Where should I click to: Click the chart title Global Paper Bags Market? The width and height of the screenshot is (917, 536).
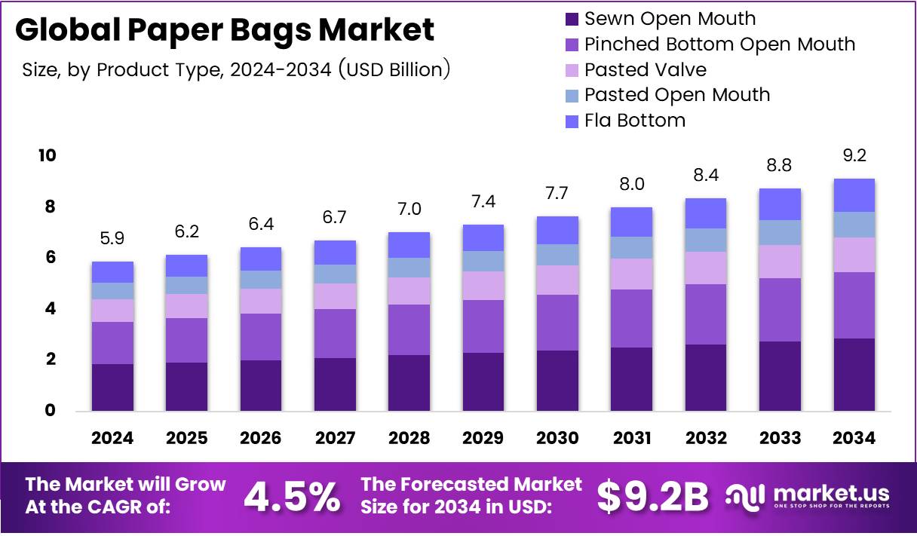tap(225, 30)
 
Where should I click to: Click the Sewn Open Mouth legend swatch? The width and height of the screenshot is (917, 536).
tap(572, 19)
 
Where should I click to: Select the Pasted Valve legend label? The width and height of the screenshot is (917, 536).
tap(646, 70)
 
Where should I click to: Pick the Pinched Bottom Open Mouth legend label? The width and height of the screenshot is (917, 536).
tap(719, 44)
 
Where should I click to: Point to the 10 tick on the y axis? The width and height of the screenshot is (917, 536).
tap(46, 156)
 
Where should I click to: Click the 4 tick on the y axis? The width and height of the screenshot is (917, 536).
tap(50, 309)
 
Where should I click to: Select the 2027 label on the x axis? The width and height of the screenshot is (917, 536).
tap(335, 439)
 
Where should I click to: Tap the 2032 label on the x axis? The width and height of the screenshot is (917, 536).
tap(706, 439)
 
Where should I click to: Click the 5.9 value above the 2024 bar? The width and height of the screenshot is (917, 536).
tap(112, 239)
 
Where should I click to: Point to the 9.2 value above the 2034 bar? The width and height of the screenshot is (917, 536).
tap(854, 156)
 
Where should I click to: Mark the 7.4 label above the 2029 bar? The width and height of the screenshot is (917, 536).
tap(483, 201)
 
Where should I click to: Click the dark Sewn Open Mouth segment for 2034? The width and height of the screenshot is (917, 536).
tap(854, 374)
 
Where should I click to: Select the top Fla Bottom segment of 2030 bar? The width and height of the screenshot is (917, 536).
tap(557, 230)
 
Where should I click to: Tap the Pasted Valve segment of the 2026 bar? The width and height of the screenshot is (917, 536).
tap(260, 301)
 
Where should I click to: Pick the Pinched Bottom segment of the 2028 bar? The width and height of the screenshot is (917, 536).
tap(409, 329)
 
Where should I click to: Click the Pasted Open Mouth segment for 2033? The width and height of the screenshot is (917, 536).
tap(780, 232)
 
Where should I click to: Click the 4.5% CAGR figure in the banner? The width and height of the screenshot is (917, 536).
tap(292, 497)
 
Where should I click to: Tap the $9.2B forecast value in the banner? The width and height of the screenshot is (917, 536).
tap(653, 497)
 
